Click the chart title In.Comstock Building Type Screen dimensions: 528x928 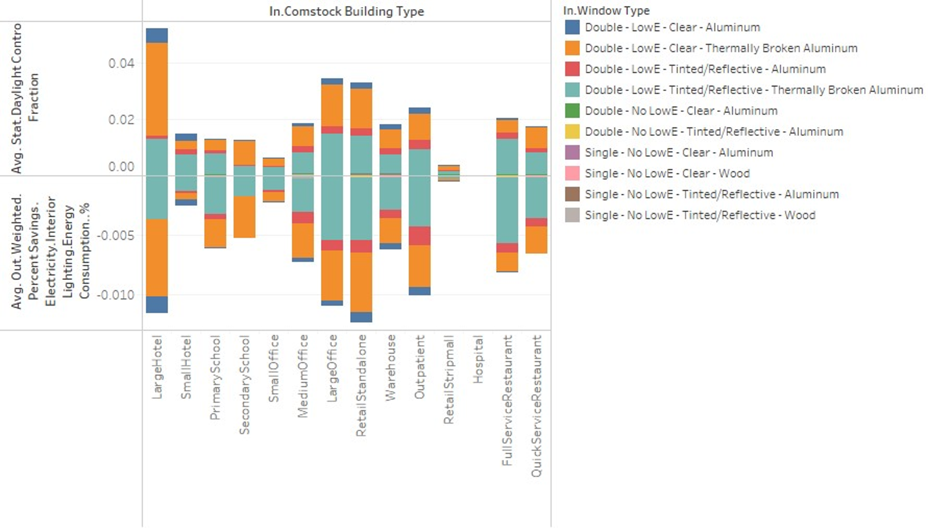[x=346, y=12]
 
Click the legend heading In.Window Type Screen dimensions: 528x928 [x=606, y=11]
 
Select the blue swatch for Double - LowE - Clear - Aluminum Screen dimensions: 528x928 [x=572, y=28]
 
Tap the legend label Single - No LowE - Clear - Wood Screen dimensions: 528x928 [x=667, y=174]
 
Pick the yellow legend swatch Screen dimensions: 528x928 [x=572, y=132]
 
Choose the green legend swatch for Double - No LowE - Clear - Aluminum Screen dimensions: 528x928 [x=572, y=111]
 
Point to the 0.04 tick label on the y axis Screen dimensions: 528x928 [x=121, y=63]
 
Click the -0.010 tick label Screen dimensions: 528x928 [x=116, y=295]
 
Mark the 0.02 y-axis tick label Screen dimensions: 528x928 [x=121, y=120]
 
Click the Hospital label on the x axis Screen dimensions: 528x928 [x=478, y=359]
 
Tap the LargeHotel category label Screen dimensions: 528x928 [x=157, y=367]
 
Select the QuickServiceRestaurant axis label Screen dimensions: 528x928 [x=536, y=406]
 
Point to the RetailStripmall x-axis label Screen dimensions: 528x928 [x=449, y=380]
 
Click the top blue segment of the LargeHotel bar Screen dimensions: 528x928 [x=157, y=35]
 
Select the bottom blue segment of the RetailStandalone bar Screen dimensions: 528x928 [x=361, y=317]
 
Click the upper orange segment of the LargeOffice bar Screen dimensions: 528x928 [x=332, y=105]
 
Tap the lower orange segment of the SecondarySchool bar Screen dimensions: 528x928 [x=244, y=217]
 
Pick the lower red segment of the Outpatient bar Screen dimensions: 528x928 [x=419, y=236]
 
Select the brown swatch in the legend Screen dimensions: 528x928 [x=572, y=194]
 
